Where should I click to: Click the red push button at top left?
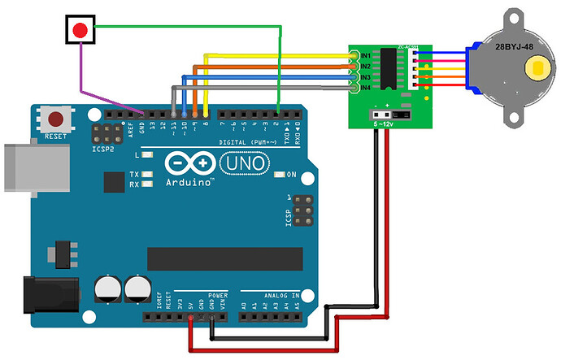tap(80, 31)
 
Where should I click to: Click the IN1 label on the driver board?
tap(365, 55)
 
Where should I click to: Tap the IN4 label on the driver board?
tap(365, 87)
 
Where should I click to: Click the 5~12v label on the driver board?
tap(385, 124)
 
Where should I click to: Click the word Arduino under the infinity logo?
tap(190, 182)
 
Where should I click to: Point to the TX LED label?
tap(135, 174)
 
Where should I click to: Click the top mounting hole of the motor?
tap(515, 17)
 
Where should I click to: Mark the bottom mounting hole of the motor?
tap(515, 117)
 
